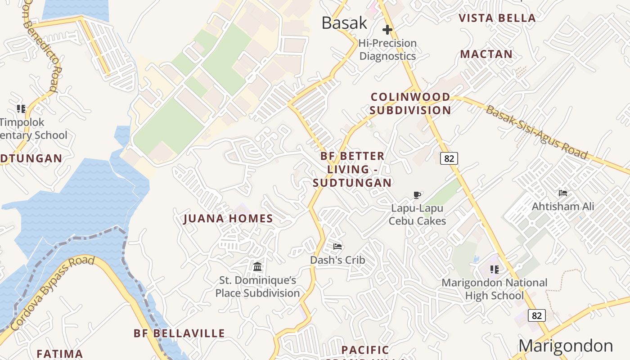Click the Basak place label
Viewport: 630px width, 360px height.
344,23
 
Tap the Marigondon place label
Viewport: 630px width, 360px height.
566,346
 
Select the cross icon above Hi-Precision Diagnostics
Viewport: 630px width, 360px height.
387,30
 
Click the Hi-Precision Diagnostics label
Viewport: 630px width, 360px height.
387,49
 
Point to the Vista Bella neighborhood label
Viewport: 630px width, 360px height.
497,18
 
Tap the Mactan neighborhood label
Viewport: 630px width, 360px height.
486,54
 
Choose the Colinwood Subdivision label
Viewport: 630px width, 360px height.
410,103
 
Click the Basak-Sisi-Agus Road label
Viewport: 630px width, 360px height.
536,133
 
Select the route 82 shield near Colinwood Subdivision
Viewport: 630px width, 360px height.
449,158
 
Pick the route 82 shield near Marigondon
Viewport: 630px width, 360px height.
537,315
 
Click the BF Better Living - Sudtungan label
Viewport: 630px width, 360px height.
352,169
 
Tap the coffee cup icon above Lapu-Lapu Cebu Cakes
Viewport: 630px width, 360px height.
417,195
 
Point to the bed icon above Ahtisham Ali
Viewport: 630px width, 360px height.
562,193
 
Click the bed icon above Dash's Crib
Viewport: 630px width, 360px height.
337,246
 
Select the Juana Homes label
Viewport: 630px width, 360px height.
228,219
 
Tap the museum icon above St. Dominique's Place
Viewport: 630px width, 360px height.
257,266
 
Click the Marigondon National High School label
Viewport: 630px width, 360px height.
494,289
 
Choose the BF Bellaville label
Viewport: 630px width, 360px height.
179,333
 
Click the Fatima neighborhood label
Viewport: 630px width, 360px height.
59,354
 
